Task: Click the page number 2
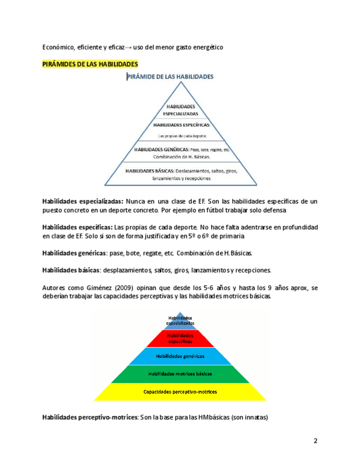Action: coord(315,441)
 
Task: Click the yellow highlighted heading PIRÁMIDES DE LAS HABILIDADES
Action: coord(91,64)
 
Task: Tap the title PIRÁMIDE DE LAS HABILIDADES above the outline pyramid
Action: coord(170,77)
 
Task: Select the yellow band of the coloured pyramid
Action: coord(180,392)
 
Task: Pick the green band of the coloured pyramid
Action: coord(180,373)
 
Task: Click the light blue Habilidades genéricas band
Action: coord(180,356)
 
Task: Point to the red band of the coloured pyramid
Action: coord(180,337)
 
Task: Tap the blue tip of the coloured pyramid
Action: coord(180,320)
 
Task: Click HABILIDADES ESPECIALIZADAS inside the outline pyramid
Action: coord(180,110)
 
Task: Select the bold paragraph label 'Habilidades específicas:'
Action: coord(77,227)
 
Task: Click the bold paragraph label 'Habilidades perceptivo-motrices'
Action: coord(90,418)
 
